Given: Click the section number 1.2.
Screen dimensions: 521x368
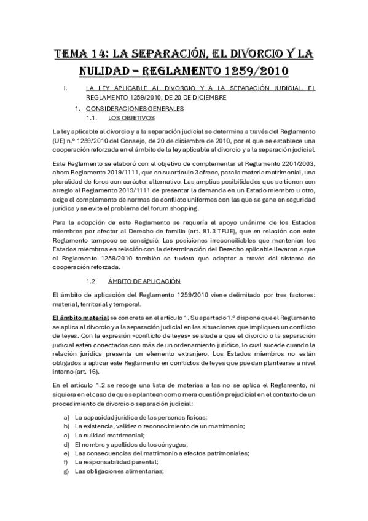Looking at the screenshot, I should [93, 281].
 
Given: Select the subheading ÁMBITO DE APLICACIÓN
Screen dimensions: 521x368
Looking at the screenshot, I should [143, 281].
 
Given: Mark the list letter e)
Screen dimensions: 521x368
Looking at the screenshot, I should [66, 453].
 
